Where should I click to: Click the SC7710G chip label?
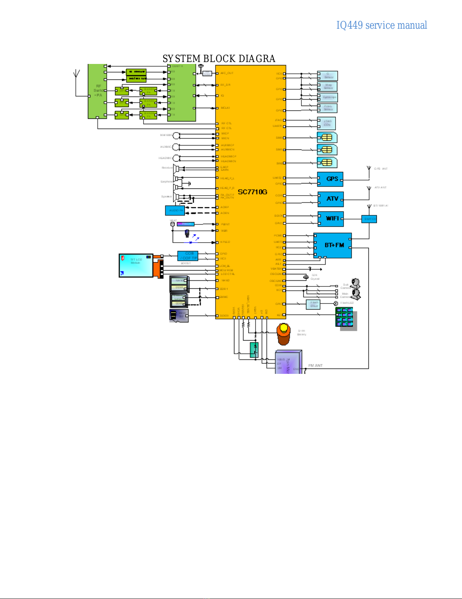point(253,192)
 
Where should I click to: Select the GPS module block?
point(331,179)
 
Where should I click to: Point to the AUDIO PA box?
point(175,210)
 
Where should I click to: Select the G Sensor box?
point(328,76)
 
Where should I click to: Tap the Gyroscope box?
point(328,97)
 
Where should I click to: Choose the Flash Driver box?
point(314,304)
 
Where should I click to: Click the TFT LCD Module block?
point(136,265)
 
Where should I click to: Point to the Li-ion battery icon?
point(283,334)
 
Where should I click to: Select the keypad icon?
point(345,317)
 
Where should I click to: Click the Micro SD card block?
point(179,316)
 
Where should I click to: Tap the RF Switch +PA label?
point(98,91)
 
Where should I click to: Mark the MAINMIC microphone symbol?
point(176,135)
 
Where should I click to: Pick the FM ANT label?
point(315,366)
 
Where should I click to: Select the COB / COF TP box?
point(188,256)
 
